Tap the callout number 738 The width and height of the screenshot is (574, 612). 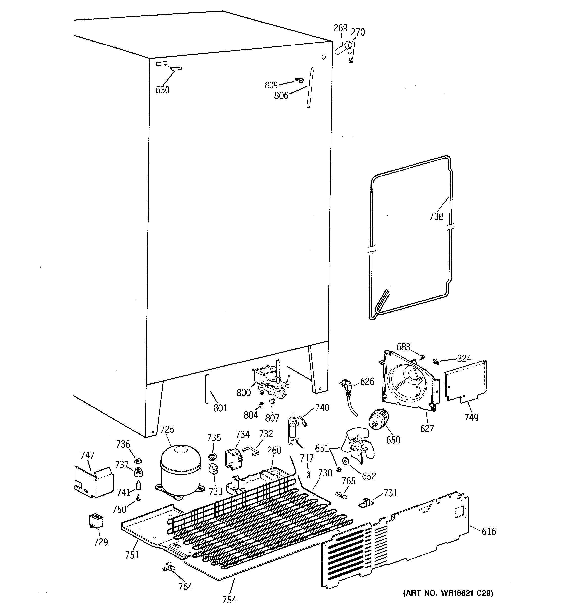[436, 216]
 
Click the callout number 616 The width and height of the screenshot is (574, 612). [489, 531]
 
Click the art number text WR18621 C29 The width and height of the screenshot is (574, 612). [448, 593]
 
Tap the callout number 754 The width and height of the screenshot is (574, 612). [229, 600]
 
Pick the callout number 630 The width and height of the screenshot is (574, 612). [162, 90]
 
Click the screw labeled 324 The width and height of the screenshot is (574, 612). [436, 361]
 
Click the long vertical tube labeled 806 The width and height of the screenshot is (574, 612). [310, 88]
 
